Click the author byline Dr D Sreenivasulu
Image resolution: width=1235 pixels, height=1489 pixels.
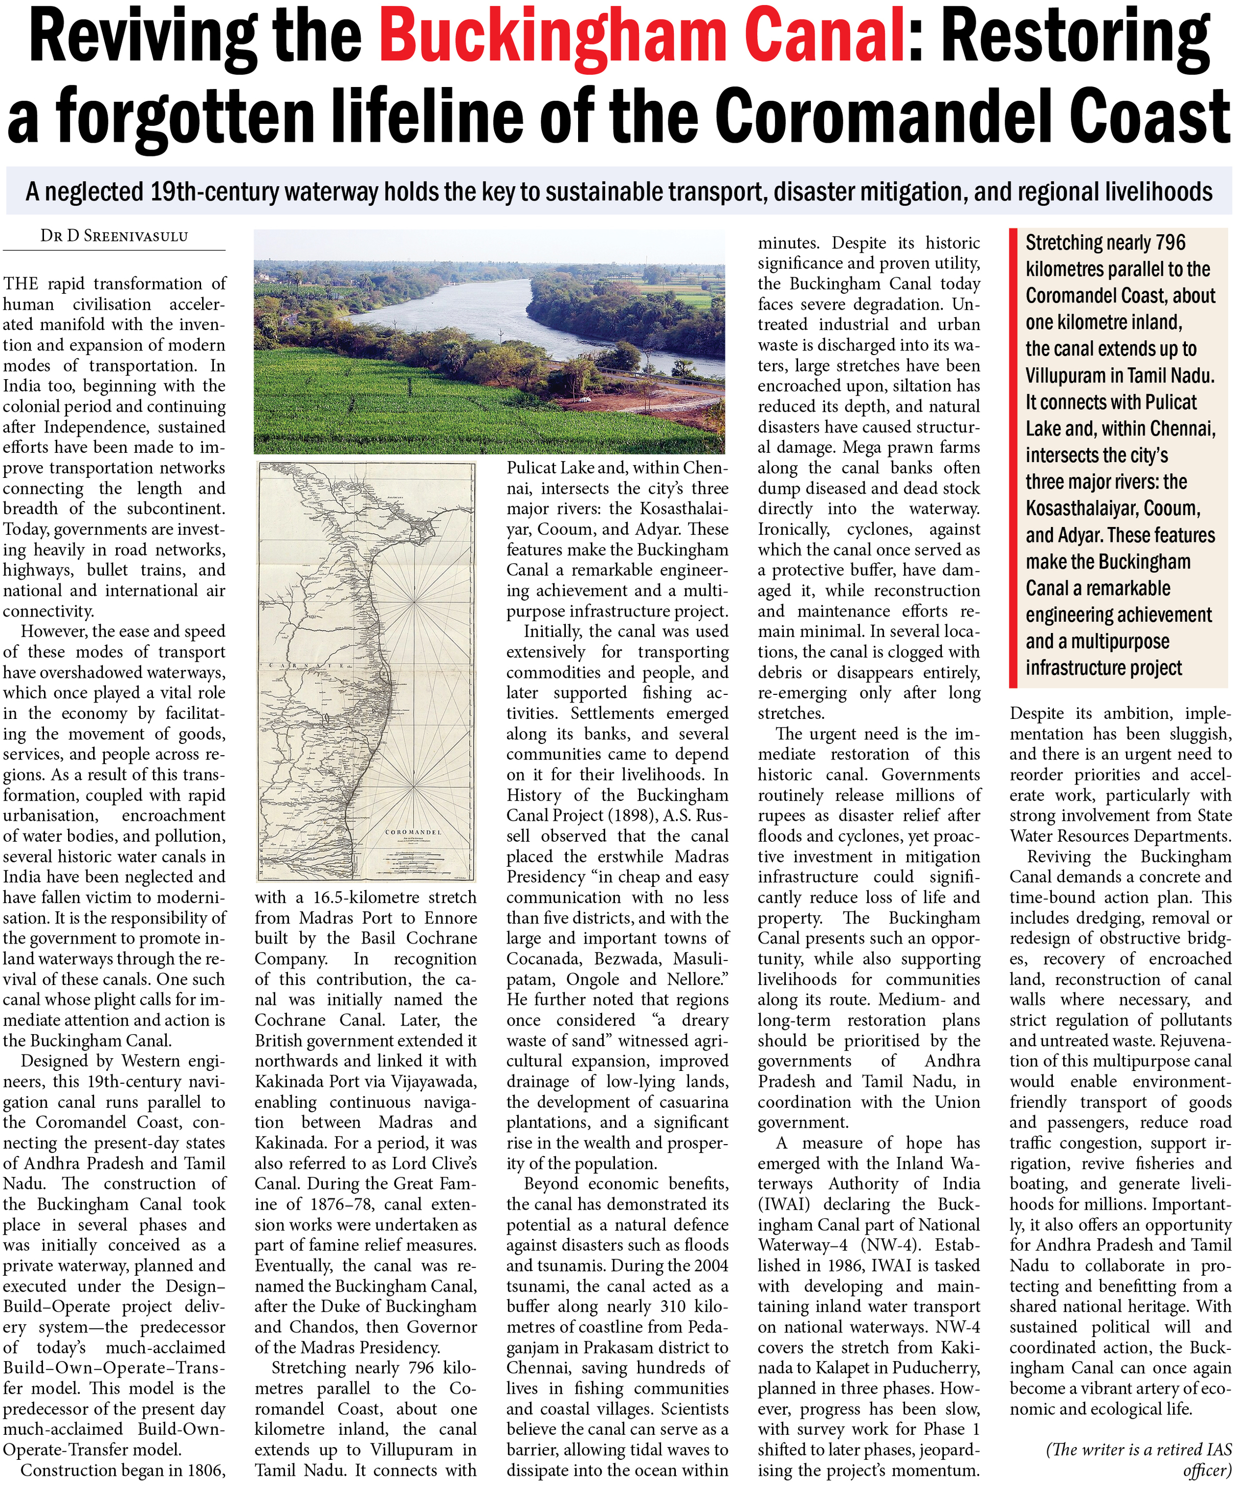pyautogui.click(x=114, y=236)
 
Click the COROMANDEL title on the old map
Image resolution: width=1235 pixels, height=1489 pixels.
pyautogui.click(x=413, y=831)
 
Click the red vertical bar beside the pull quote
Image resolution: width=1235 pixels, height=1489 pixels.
pyautogui.click(x=1014, y=457)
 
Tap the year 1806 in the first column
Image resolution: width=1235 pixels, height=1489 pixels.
pyautogui.click(x=202, y=1470)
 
